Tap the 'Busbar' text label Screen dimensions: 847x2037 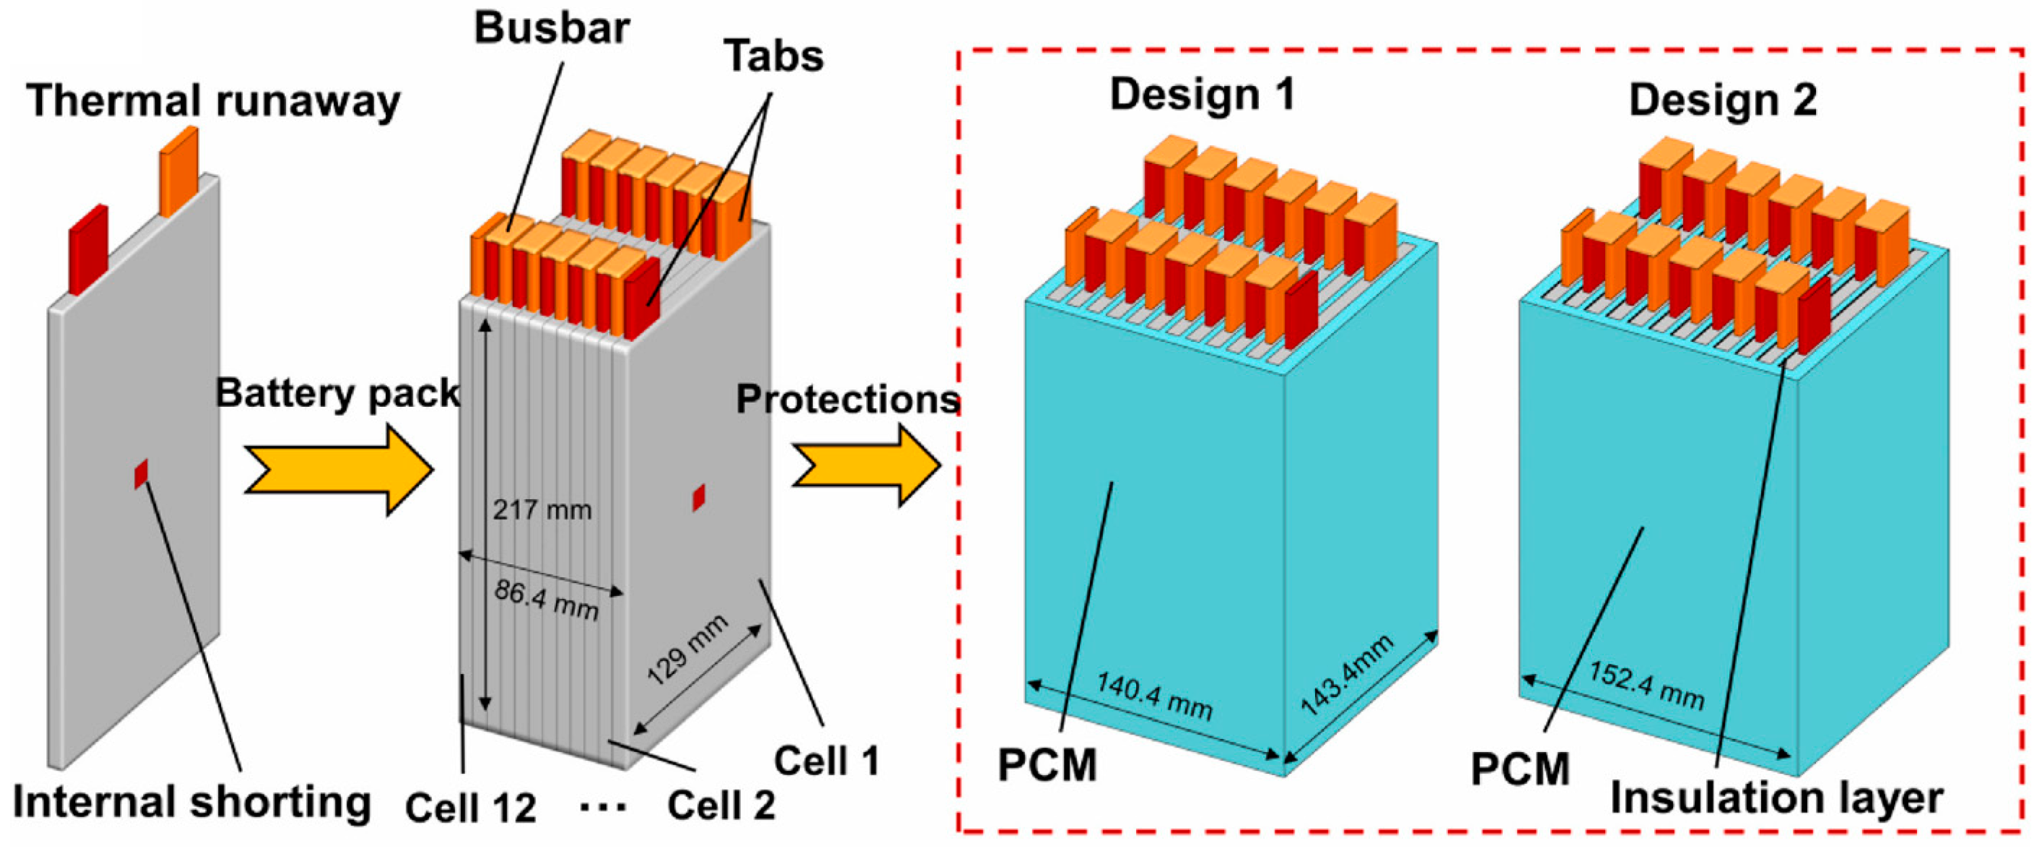[551, 29]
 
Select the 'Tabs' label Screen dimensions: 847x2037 [773, 57]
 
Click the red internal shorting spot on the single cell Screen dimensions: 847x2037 [142, 474]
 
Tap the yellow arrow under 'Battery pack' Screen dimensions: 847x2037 [338, 470]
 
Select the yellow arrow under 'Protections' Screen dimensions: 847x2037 [866, 465]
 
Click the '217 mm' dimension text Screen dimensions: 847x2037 [542, 510]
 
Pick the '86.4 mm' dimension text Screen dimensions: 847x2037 [546, 599]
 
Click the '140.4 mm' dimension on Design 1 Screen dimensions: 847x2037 [1154, 696]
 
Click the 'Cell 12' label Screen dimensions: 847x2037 [470, 808]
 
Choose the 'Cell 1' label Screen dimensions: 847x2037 [826, 761]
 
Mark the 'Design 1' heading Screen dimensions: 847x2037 [1203, 95]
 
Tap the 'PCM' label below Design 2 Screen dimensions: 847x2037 [1520, 769]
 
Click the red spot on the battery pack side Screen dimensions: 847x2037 [698, 498]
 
